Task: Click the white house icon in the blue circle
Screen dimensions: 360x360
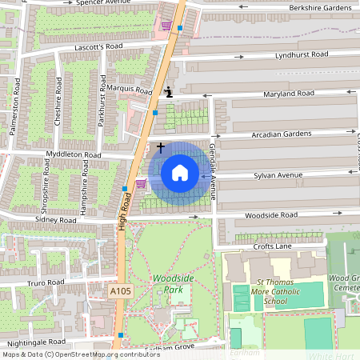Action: click(x=180, y=172)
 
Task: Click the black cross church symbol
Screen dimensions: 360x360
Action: click(x=161, y=148)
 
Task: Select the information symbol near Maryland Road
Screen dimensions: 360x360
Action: click(x=168, y=92)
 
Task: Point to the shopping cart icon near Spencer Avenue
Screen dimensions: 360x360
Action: click(x=166, y=25)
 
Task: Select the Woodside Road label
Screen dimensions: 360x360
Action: click(x=270, y=215)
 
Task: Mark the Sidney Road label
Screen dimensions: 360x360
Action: click(x=55, y=218)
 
